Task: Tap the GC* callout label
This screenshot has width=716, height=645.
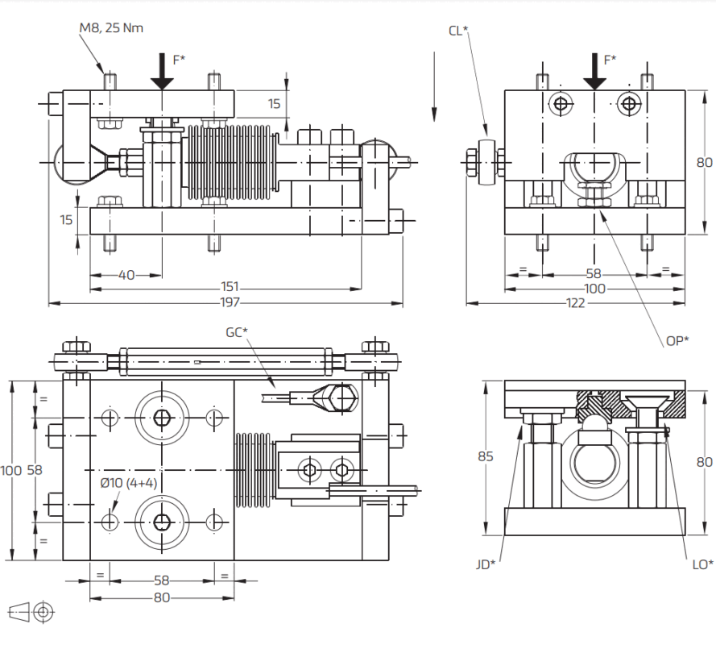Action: tap(235, 331)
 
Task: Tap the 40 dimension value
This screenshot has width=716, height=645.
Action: tap(126, 275)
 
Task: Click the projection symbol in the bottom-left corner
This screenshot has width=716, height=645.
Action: tap(32, 613)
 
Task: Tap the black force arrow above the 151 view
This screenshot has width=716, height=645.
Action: tap(162, 73)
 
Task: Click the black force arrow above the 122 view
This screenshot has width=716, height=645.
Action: tap(594, 73)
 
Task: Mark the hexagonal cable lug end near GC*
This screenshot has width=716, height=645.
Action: tap(335, 396)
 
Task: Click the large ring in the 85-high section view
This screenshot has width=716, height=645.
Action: tap(594, 464)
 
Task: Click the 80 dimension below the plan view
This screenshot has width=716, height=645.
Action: tap(162, 597)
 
